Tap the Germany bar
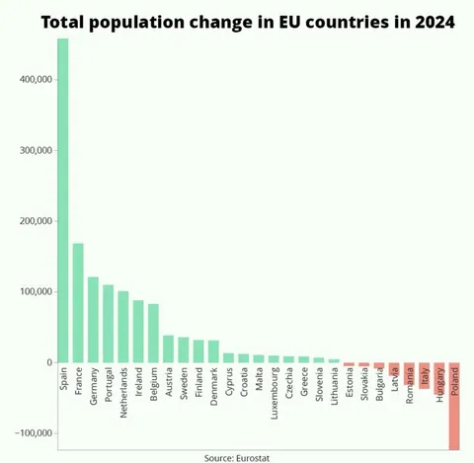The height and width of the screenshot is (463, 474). pos(93,320)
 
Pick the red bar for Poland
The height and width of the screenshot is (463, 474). pos(454,406)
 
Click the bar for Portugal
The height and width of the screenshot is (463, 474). pos(109,324)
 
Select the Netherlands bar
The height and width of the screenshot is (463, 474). pos(123,327)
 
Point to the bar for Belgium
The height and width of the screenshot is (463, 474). pos(153,333)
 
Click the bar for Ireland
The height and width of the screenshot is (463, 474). pos(138,332)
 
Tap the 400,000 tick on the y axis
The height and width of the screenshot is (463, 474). pos(35,79)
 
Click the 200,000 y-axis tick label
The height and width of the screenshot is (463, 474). pos(35,221)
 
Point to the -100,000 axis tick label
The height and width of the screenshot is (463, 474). pos(33,433)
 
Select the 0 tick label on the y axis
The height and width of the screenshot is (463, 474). pos(46,362)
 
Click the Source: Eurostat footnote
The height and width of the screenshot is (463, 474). pos(238,457)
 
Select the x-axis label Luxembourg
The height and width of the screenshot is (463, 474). pos(274,392)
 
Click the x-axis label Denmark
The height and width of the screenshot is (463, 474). pos(214,387)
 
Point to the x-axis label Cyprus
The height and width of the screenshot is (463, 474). pos(229,383)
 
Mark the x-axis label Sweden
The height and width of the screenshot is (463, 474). pos(184,385)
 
